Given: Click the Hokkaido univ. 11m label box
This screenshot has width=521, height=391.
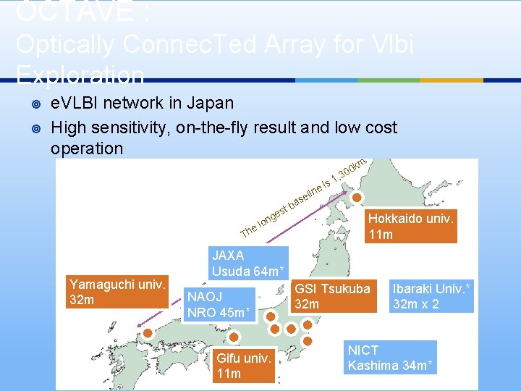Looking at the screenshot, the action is [410, 226].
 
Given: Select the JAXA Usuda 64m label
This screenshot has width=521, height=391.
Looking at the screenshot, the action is [249, 264].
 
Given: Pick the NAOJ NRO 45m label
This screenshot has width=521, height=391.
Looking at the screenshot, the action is [219, 304].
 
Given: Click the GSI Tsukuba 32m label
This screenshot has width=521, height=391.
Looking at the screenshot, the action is [332, 295].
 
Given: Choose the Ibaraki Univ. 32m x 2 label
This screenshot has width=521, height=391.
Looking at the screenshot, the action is [431, 295].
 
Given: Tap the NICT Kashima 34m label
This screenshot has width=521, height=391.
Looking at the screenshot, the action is [391, 358].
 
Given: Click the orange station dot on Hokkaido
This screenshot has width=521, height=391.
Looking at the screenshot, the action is [357, 197].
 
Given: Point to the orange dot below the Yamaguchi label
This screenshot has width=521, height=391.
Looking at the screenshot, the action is [148, 333].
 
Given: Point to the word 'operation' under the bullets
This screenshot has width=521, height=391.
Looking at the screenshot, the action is [87, 148].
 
